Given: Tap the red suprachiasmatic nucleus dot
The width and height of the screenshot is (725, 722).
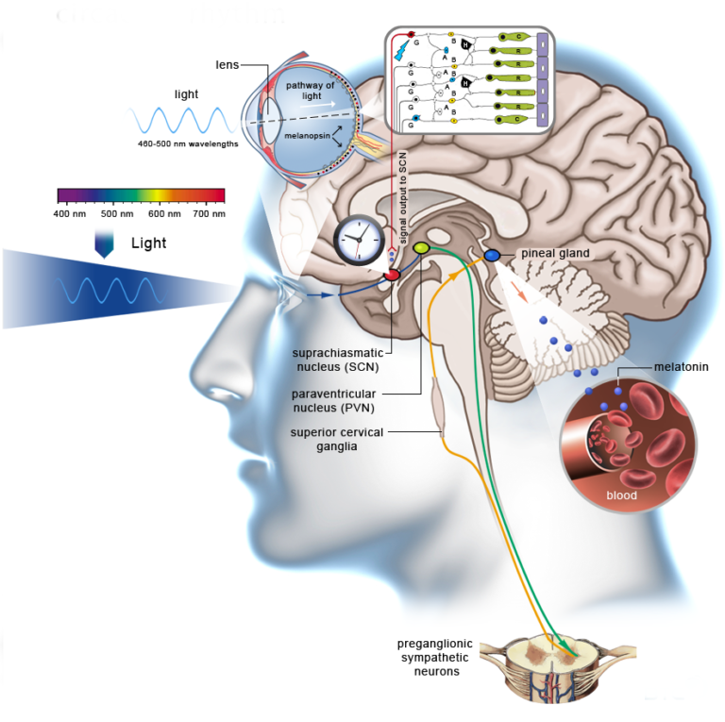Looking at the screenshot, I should coord(392,275).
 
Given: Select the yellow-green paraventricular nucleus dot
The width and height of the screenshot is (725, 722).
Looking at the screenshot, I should coord(422,247).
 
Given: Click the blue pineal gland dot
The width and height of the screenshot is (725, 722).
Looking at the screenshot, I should coord(492,255).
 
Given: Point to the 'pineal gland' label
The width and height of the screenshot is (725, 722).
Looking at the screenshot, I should coord(555,253).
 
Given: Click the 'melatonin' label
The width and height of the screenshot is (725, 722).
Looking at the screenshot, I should coord(681,366).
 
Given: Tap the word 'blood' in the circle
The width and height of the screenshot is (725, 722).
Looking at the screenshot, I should coord(621,495).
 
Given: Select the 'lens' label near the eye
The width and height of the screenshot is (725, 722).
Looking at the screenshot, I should coord(227,64).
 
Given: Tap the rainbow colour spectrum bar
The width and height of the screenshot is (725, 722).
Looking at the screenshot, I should coord(141,195).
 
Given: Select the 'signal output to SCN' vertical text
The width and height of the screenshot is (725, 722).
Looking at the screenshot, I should coord(402,202).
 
